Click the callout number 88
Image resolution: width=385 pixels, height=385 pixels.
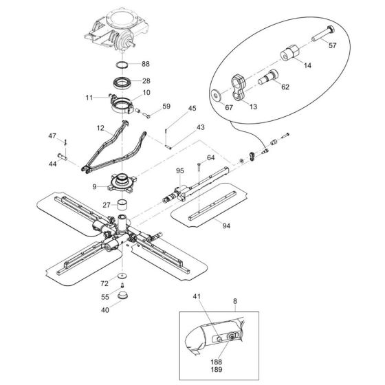point(145,64)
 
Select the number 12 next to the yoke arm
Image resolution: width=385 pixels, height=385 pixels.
point(100,129)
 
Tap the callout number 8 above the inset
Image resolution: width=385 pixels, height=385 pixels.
point(235,301)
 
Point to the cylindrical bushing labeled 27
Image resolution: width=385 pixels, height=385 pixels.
point(122,205)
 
